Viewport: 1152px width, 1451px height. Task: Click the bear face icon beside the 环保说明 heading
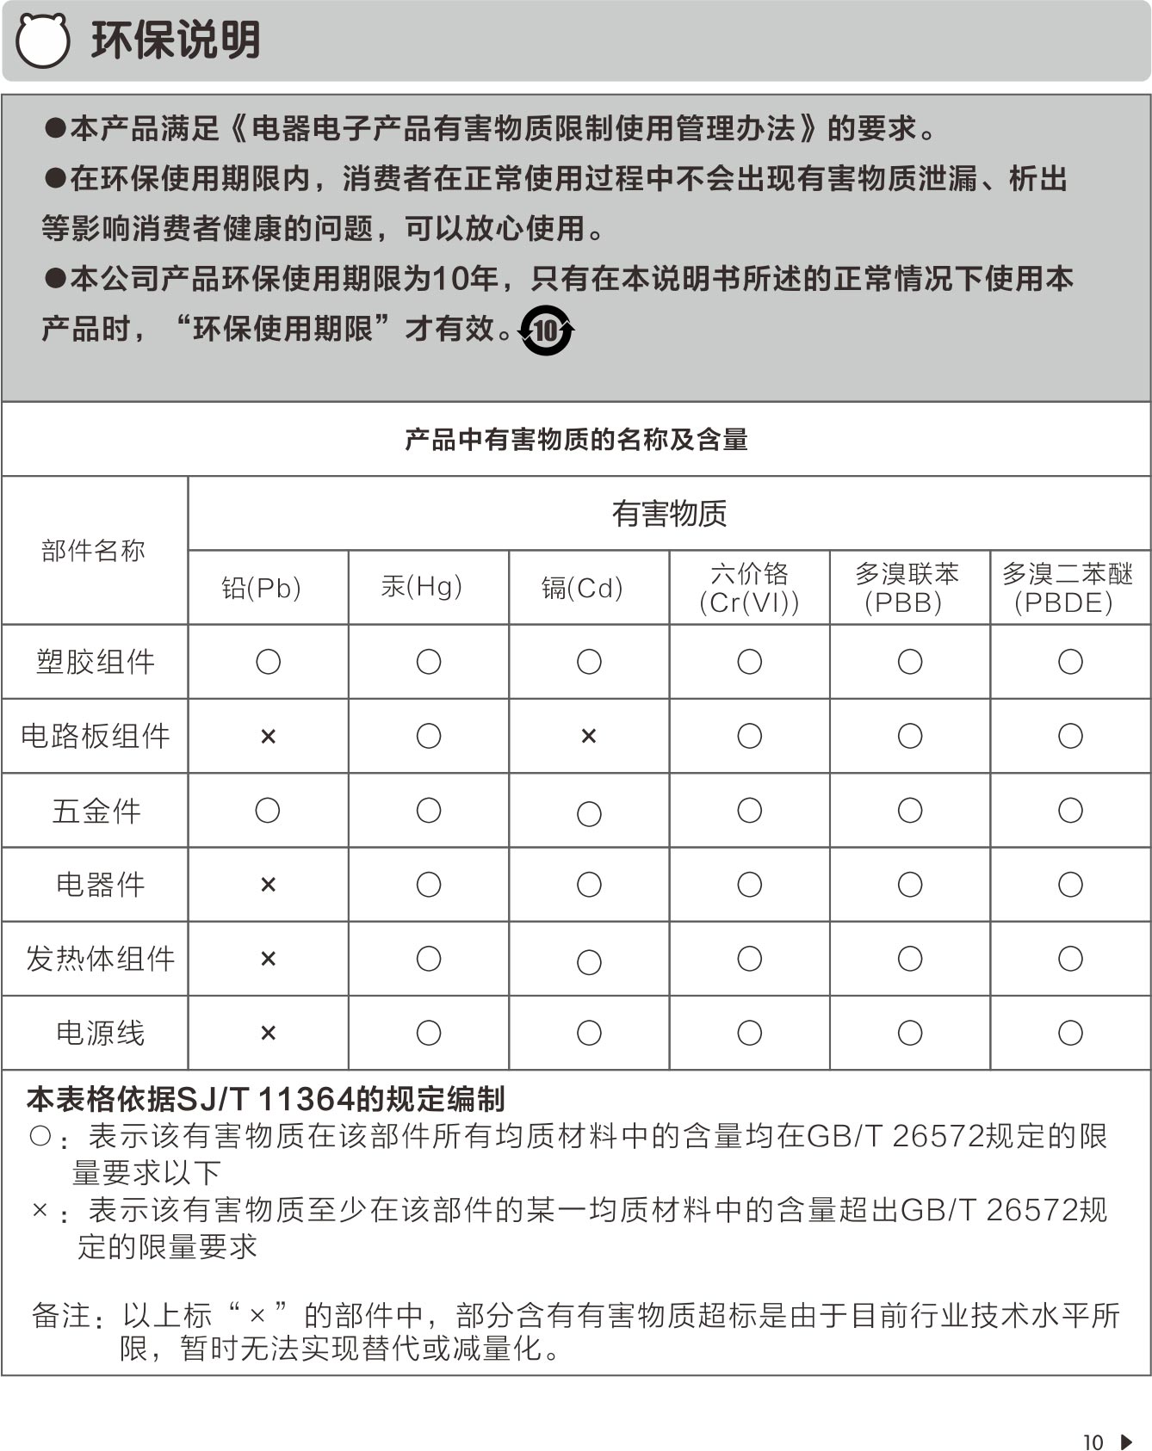[42, 40]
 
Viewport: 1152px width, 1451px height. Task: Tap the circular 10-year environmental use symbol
[546, 330]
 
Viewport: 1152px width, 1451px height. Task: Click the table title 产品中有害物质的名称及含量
[576, 440]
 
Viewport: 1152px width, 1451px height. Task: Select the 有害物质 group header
[669, 514]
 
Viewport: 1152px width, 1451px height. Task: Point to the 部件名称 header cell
[94, 551]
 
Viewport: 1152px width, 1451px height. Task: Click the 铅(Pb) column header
[262, 588]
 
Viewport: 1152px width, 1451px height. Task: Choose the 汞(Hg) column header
[422, 587]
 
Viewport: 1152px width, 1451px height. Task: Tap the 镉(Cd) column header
[582, 588]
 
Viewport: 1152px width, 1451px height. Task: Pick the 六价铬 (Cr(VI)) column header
[749, 588]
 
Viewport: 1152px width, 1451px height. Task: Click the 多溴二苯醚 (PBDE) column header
[1068, 588]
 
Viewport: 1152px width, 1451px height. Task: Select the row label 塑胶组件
[96, 662]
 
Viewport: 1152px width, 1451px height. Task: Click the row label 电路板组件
[96, 736]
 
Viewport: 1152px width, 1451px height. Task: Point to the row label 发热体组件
[101, 959]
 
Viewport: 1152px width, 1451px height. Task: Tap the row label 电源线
[101, 1033]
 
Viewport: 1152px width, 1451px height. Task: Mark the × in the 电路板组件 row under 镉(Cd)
[589, 736]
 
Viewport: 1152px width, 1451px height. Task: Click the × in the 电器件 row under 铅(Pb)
[268, 885]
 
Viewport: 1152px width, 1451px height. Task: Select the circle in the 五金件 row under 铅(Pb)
[268, 811]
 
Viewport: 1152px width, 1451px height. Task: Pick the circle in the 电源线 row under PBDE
[1070, 1033]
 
